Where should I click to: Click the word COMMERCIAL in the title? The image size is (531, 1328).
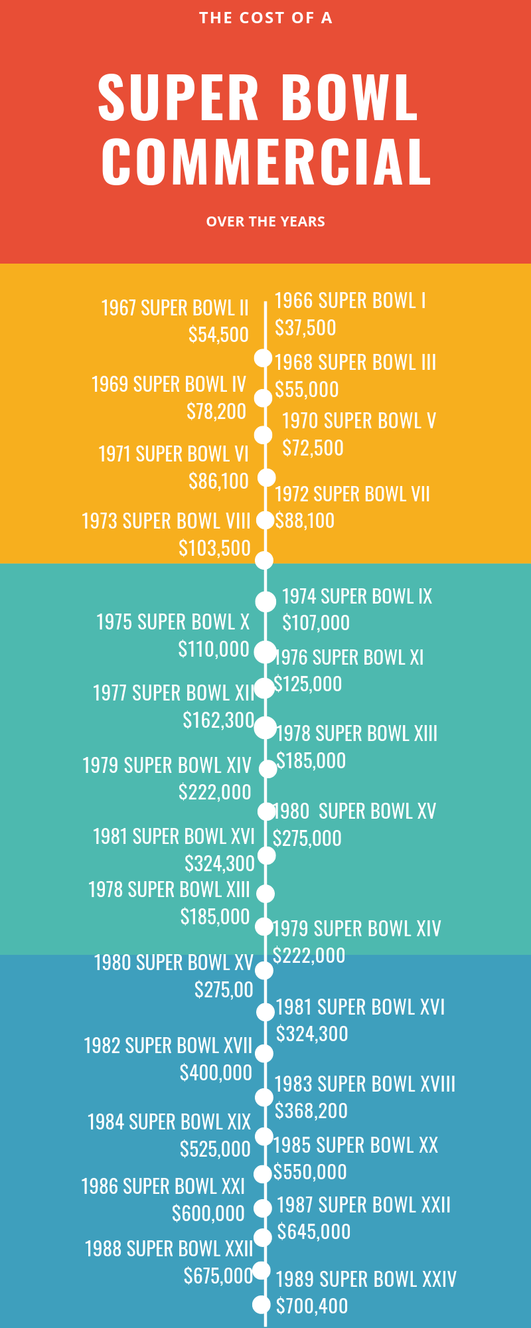pos(266,161)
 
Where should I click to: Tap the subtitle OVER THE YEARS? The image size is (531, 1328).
pos(265,222)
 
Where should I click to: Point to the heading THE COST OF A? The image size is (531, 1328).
pos(265,18)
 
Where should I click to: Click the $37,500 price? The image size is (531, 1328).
pos(305,327)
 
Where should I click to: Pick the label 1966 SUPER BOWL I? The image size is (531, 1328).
pos(350,301)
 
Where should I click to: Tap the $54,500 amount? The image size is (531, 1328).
pos(218,334)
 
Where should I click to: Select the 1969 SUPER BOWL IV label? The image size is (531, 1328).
pos(169,384)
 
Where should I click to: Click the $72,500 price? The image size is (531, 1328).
pos(313,448)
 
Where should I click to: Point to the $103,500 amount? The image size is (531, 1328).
pos(214,548)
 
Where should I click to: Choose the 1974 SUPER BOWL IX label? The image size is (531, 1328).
pos(357,596)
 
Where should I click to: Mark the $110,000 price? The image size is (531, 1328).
pos(214,649)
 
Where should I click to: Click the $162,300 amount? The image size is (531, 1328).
pos(218,720)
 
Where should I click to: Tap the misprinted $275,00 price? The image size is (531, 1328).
pos(224,989)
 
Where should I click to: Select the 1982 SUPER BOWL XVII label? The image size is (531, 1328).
pos(168,1046)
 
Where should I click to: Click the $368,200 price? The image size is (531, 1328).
pos(311,1110)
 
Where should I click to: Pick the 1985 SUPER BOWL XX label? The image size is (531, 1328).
pos(356,1145)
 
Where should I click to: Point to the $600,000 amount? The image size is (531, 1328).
pos(208,1213)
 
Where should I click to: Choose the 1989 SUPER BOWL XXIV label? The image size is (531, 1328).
pos(366,1279)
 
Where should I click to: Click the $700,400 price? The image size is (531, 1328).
pos(312,1306)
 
